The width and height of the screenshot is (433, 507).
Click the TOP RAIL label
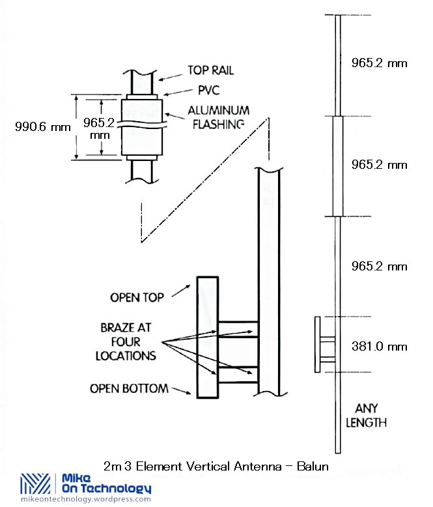click(x=211, y=70)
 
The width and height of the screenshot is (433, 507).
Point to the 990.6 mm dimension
click(x=43, y=127)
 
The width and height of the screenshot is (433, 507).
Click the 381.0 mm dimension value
click(x=379, y=346)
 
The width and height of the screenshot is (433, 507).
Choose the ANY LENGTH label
click(x=371, y=415)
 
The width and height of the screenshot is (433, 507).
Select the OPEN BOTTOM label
click(x=129, y=389)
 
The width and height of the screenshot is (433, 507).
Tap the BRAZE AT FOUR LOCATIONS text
click(x=128, y=341)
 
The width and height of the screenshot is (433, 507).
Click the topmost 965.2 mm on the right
click(x=379, y=63)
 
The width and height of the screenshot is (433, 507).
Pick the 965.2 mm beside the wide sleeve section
click(x=379, y=165)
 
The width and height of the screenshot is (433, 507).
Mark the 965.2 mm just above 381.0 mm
click(x=379, y=267)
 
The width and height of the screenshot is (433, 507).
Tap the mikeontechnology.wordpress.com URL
click(x=86, y=499)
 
